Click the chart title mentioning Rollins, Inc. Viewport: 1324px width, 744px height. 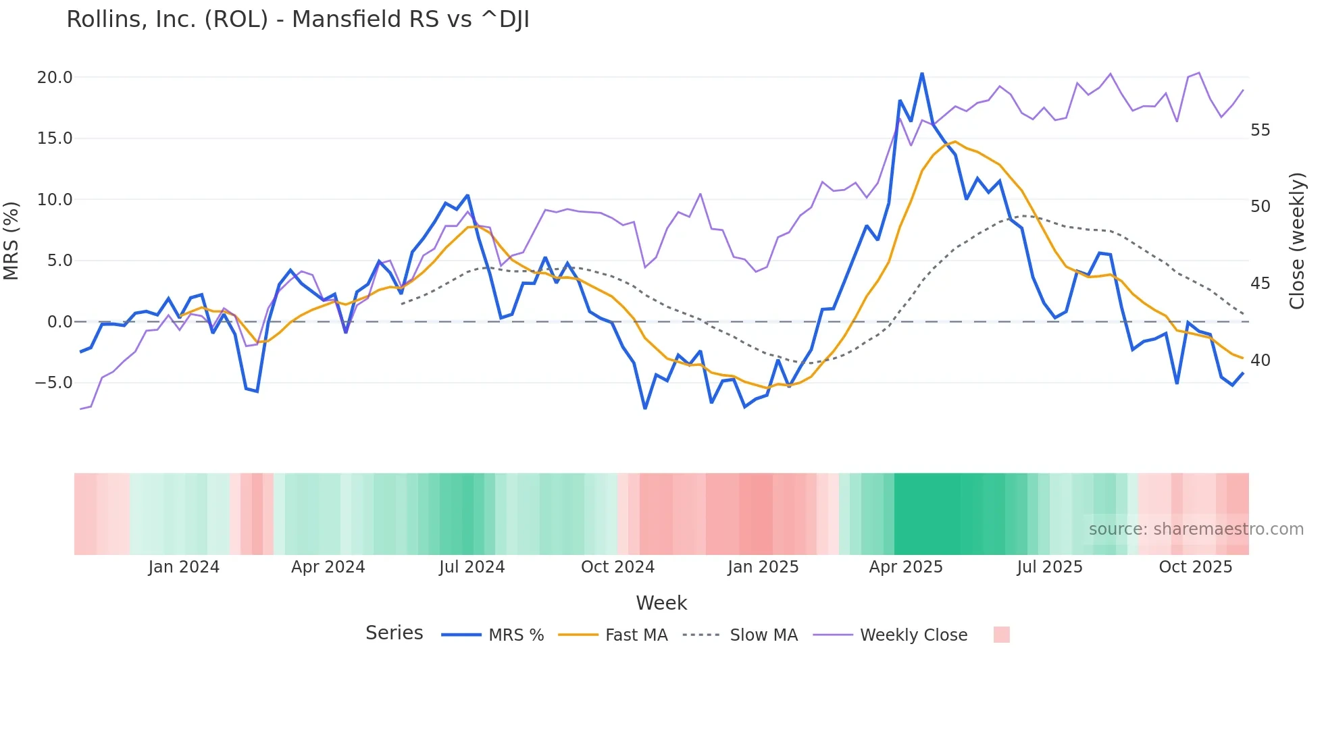pos(297,20)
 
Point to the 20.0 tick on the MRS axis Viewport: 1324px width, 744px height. pos(54,78)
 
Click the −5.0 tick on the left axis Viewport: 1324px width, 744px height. pos(53,383)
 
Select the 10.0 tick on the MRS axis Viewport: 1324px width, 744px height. pos(54,200)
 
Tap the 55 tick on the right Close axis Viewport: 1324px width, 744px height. pos(1260,130)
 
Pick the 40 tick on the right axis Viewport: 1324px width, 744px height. pos(1260,361)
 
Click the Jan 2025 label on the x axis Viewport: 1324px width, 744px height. pos(763,567)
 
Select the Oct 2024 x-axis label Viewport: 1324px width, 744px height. pos(617,567)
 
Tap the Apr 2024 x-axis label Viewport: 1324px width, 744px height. pos(328,567)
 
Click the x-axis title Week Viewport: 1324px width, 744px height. pos(661,603)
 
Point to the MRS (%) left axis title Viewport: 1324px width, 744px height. pos(11,240)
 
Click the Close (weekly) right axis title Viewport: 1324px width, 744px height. pos(1296,241)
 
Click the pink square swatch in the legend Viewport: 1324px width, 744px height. pos(1001,635)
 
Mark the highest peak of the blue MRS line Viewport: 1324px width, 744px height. pos(922,74)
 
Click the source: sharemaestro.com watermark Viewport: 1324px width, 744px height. pos(1196,529)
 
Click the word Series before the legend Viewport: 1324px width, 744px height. pos(394,633)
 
